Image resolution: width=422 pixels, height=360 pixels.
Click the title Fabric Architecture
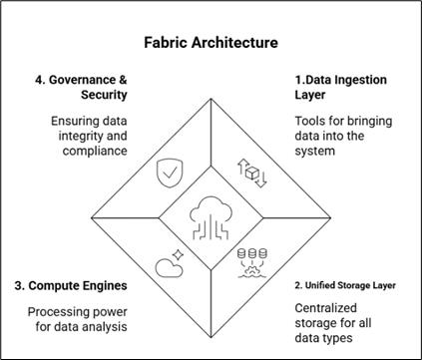pyautogui.click(x=211, y=44)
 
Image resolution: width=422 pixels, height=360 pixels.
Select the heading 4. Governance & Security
pyautogui.click(x=94, y=86)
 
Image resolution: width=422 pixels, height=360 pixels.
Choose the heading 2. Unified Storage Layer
pyautogui.click(x=344, y=285)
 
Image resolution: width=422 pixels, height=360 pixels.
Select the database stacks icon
pyautogui.click(x=254, y=262)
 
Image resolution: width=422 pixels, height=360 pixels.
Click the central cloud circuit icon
pyautogui.click(x=210, y=216)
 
